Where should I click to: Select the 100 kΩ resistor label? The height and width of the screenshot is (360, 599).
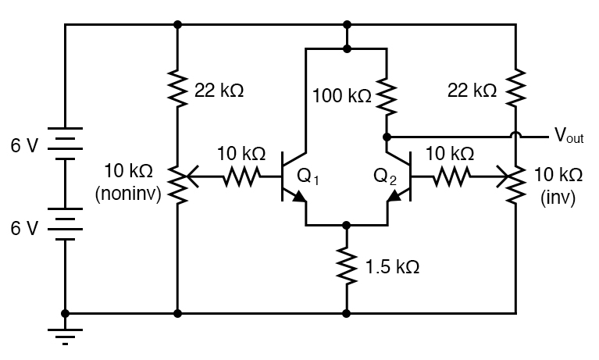tap(341, 96)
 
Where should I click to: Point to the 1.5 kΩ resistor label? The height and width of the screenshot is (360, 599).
tap(392, 266)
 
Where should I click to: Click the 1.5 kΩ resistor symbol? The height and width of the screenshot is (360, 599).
tap(347, 263)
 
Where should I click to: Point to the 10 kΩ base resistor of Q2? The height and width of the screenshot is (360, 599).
tap(450, 178)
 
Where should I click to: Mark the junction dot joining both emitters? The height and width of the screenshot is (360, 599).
tap(347, 225)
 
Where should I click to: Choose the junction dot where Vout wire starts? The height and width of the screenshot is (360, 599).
tap(387, 137)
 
